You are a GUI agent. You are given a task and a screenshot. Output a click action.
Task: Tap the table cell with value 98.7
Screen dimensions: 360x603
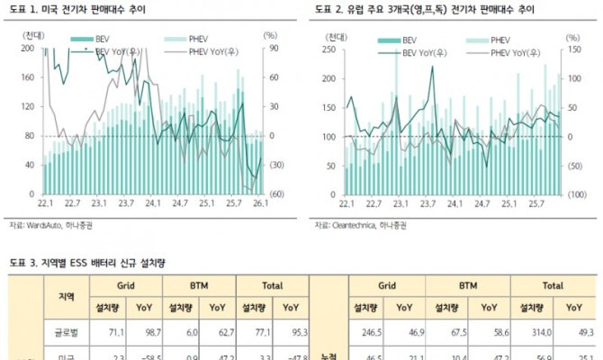coord(151,333)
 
